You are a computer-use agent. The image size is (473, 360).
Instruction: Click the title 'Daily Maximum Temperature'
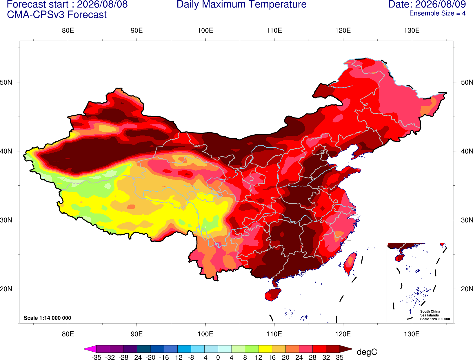click(x=241, y=4)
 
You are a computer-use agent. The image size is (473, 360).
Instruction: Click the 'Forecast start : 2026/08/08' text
click(x=67, y=4)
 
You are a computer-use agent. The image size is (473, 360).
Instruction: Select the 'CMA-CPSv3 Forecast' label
click(x=57, y=15)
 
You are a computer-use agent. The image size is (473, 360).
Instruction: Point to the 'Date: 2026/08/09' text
click(x=427, y=4)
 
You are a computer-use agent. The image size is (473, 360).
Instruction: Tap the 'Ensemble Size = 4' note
click(x=437, y=13)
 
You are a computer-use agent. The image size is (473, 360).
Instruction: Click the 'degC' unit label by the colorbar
click(x=367, y=352)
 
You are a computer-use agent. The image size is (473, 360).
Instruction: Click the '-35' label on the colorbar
click(x=96, y=357)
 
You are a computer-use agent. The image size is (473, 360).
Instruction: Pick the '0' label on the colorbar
click(x=218, y=357)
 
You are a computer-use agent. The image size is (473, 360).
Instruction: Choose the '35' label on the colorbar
click(x=340, y=357)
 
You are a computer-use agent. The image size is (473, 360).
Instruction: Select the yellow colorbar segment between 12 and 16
click(x=265, y=349)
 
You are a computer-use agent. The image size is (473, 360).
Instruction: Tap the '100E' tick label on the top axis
click(x=205, y=30)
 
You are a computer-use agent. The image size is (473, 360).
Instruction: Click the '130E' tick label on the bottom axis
click(x=412, y=334)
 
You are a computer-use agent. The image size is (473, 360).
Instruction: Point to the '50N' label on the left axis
click(x=6, y=82)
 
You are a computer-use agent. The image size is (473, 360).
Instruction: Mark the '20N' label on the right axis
click(x=467, y=289)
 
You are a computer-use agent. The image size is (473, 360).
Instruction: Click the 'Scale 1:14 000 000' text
click(x=48, y=318)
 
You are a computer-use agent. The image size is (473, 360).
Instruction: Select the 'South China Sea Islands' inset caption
click(x=430, y=313)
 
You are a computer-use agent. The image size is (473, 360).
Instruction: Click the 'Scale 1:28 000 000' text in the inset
click(x=435, y=319)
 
